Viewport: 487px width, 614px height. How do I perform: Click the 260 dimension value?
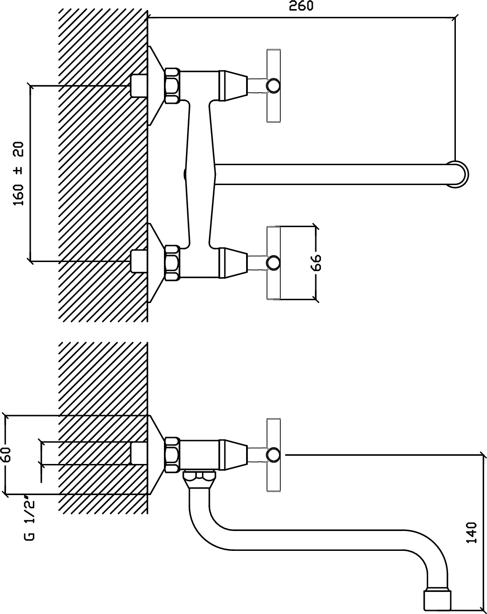(x=301, y=6)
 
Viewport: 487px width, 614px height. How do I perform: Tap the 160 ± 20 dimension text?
(x=19, y=173)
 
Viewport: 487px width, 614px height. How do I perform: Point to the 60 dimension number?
(x=6, y=455)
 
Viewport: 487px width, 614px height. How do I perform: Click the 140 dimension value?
(x=472, y=532)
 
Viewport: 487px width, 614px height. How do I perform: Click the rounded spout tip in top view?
(x=458, y=174)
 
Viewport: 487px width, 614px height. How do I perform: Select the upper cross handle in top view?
(x=273, y=86)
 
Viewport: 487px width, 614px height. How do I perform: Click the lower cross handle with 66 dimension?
(x=273, y=263)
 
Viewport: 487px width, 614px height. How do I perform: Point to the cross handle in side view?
(x=273, y=455)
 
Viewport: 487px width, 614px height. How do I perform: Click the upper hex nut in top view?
(x=173, y=85)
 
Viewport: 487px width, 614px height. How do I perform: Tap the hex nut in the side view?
(x=173, y=454)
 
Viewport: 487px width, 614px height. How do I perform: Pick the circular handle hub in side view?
(x=273, y=455)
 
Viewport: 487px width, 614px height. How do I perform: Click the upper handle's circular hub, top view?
(x=273, y=86)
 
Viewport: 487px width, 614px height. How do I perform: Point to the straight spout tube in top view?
(x=331, y=174)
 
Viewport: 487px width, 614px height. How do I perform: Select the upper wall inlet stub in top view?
(x=139, y=86)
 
